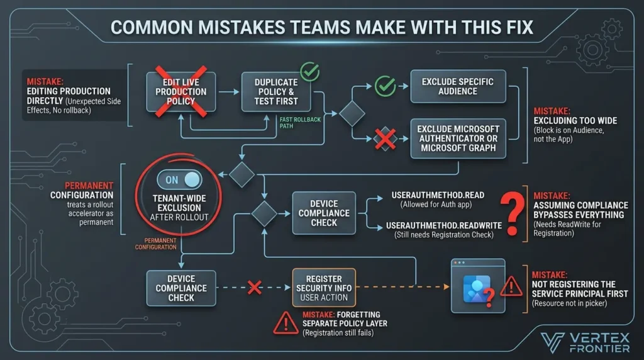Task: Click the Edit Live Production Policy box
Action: click(x=181, y=92)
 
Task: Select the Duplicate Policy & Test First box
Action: click(x=276, y=92)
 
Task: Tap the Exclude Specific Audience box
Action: click(x=458, y=86)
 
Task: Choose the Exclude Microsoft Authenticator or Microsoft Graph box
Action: click(x=458, y=138)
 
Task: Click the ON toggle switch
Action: click(x=179, y=179)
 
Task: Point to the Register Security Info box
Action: click(x=324, y=288)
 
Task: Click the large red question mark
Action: click(x=512, y=214)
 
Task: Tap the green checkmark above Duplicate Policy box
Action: click(x=309, y=72)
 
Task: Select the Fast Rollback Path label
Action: click(x=300, y=123)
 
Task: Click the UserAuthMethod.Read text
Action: click(x=438, y=195)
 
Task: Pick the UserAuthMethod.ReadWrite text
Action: click(x=443, y=225)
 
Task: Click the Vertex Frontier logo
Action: click(x=585, y=343)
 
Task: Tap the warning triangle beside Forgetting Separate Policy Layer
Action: click(x=286, y=323)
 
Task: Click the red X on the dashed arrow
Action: click(x=255, y=288)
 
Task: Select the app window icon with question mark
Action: click(x=478, y=286)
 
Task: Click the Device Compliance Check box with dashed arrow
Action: click(x=181, y=288)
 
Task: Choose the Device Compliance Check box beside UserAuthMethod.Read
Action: click(x=324, y=213)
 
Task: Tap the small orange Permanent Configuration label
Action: click(x=156, y=244)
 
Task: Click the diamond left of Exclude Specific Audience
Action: click(x=352, y=113)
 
